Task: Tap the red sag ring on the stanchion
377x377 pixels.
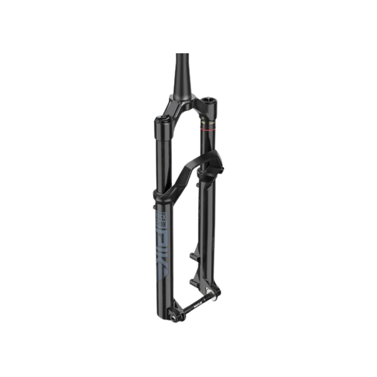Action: [208, 129]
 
